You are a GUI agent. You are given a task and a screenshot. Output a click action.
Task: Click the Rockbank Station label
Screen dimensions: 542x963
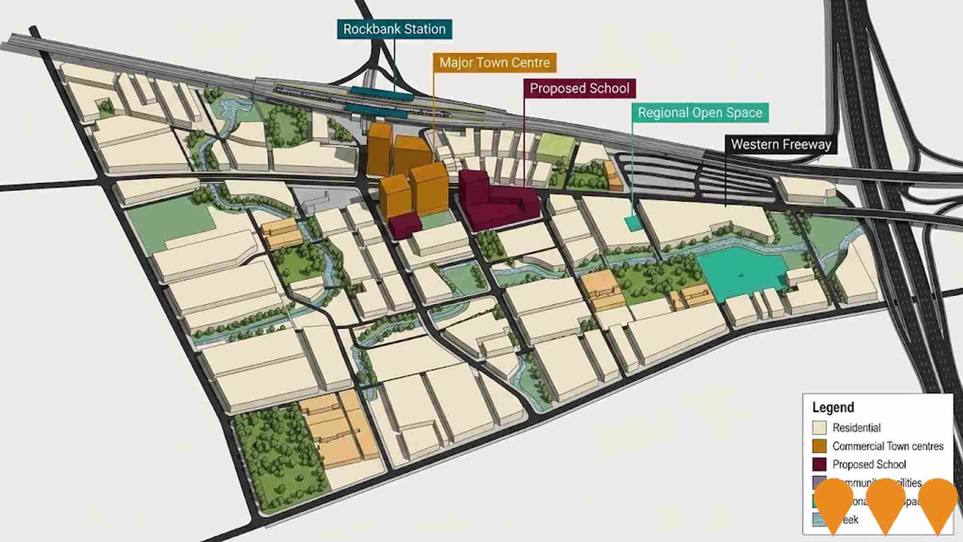tap(394, 29)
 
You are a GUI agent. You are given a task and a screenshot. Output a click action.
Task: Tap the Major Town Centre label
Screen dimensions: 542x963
tap(495, 63)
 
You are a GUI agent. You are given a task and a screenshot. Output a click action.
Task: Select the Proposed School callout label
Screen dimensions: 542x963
tap(579, 88)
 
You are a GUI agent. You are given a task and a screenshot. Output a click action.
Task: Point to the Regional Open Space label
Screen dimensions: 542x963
tap(700, 112)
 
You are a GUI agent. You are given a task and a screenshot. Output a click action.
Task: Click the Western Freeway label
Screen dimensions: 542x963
tap(781, 145)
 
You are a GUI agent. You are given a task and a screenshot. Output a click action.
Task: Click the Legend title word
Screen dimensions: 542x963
tap(833, 408)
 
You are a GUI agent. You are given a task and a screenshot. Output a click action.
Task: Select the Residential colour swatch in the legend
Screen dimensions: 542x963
tap(819, 428)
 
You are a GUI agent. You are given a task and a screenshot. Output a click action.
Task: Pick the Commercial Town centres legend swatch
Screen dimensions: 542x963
tap(819, 446)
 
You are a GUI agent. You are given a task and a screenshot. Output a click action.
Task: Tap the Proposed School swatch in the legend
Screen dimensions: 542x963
tap(819, 464)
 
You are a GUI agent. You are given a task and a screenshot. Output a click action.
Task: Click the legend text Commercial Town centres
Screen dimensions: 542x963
tap(888, 446)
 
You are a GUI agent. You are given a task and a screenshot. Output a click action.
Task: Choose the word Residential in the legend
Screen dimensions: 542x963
tap(857, 428)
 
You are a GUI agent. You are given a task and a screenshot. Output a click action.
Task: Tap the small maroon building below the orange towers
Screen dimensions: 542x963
tap(404, 225)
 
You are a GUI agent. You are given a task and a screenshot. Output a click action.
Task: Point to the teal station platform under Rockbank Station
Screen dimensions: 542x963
tap(381, 92)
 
